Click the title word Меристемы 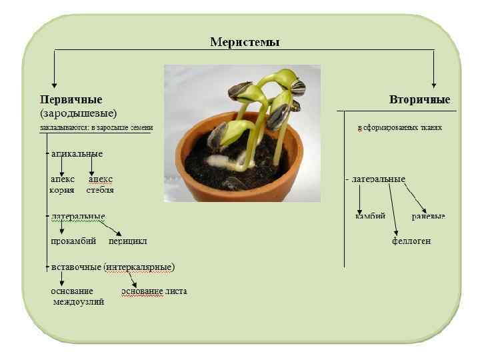245,42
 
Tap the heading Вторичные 419,100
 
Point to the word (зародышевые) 79,113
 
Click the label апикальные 77,154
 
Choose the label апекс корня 62,185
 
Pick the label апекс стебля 100,185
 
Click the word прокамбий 73,241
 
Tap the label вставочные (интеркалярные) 113,267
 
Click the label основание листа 154,291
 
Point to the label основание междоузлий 75,297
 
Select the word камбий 370,217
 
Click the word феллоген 411,241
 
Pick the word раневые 428,217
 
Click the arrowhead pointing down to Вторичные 434,84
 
